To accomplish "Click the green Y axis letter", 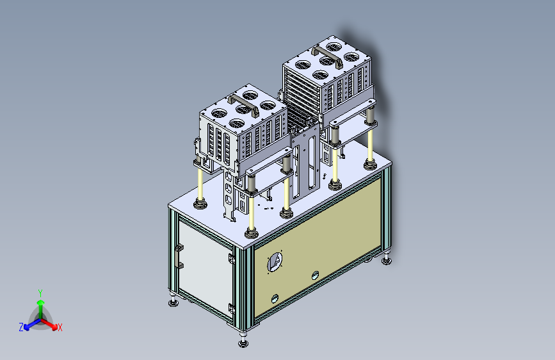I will coord(40,291).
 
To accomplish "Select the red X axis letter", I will coord(60,328).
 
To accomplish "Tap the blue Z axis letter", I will coord(21,327).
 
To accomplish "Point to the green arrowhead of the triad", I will coord(40,301).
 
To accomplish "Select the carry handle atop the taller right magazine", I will coord(328,53).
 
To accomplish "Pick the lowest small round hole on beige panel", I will coord(274,299).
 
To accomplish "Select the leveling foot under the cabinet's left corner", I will coord(173,302).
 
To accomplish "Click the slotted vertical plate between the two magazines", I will coord(306,160).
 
